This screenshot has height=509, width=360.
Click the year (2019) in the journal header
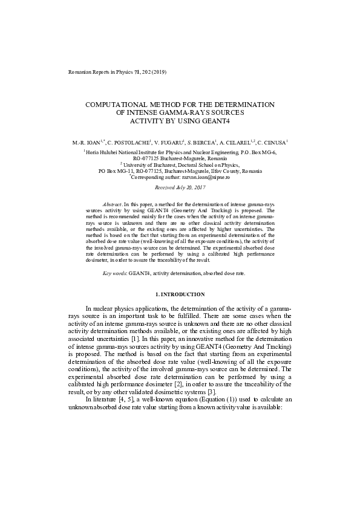pos(158,72)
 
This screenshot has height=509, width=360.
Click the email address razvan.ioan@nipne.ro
pos(205,177)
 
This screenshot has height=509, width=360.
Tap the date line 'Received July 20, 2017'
pos(180,188)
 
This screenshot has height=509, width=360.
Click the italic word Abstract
pos(113,206)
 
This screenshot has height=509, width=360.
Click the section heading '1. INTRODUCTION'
pos(180,294)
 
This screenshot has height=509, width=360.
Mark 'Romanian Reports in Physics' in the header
pos(98,72)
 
